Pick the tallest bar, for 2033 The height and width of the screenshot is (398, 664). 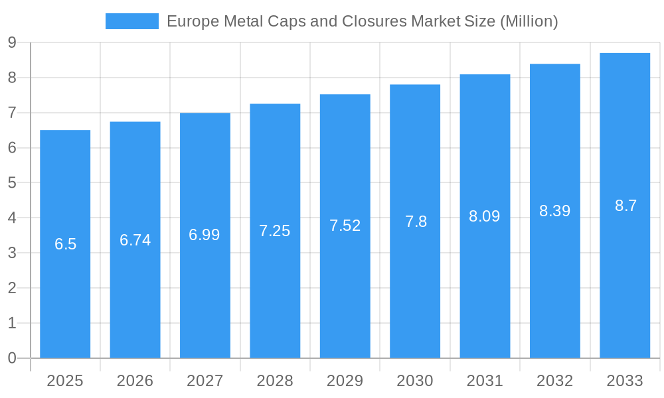pos(625,279)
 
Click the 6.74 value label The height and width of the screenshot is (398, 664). pos(135,240)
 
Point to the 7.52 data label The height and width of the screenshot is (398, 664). pos(345,226)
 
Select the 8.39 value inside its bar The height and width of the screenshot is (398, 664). pos(554,211)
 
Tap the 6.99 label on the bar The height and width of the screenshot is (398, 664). pos(205,235)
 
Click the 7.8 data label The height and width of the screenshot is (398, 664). pos(416,222)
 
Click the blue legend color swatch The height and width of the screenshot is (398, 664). pos(131,21)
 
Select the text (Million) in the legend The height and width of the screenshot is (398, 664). pos(529,21)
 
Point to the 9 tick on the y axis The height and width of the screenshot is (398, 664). pos(12,43)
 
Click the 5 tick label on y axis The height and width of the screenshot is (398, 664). pos(12,183)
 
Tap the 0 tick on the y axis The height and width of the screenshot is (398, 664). pos(12,358)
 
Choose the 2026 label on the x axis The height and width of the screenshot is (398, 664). pos(135,381)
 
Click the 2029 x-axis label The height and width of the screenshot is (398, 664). pos(345,381)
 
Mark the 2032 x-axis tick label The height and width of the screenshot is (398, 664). pos(554,381)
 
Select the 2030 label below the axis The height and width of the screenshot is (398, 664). pos(415,381)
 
